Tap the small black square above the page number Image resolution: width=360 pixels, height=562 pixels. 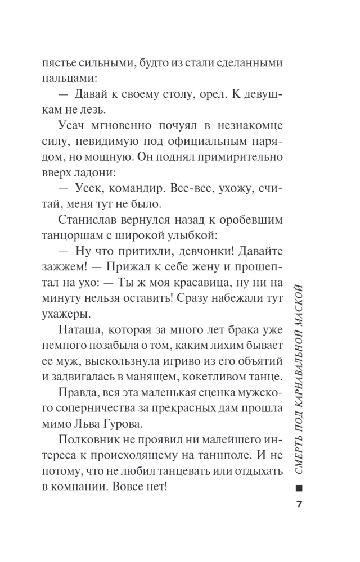point(299,487)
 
